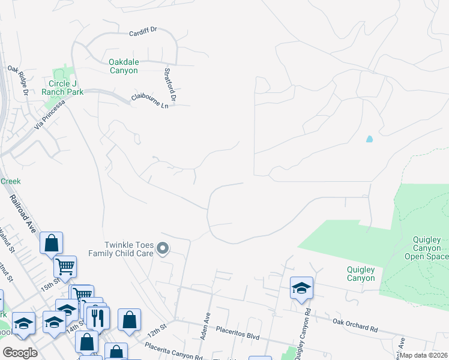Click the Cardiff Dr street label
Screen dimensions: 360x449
click(x=143, y=32)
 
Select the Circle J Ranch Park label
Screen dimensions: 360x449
click(x=62, y=88)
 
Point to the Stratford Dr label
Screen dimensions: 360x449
click(x=169, y=84)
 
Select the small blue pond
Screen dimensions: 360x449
click(x=369, y=139)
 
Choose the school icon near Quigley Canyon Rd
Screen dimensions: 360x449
click(x=301, y=288)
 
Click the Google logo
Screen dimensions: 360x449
click(x=20, y=353)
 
